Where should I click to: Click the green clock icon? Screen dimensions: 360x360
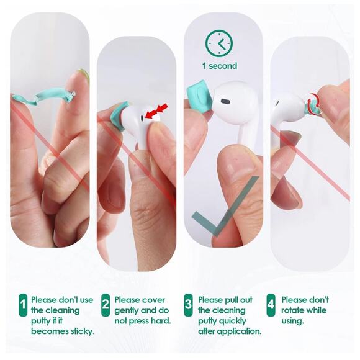[x=218, y=43]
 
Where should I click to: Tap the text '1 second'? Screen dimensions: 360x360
[x=219, y=65]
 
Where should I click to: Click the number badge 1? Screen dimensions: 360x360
[x=23, y=305]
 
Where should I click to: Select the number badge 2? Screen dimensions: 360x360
[x=106, y=305]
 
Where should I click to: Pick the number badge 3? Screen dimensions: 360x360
[x=188, y=305]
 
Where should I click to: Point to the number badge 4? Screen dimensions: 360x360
[x=271, y=305]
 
